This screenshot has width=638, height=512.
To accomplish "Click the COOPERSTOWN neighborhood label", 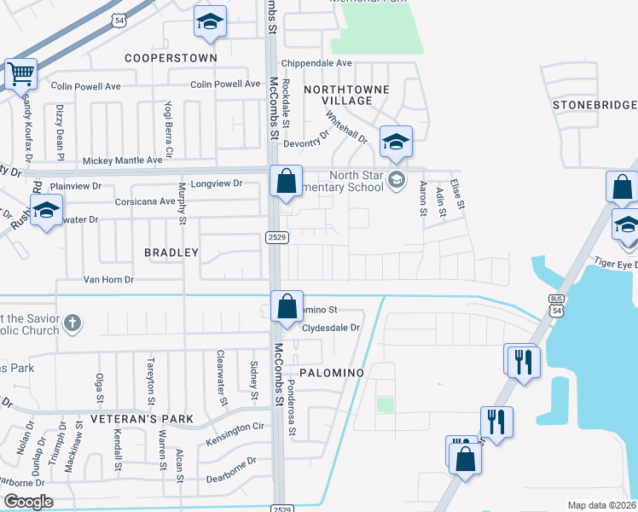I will coord(171,58).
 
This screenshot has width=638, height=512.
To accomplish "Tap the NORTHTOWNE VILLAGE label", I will coord(347,95).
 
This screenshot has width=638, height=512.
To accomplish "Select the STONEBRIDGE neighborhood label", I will coord(594,105).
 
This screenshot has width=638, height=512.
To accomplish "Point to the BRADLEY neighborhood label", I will coord(171,253).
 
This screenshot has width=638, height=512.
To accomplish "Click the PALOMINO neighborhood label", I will coord(331,373).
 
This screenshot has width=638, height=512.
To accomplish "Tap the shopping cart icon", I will coord(21,73).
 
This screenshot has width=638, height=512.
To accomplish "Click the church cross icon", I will coord(73,323).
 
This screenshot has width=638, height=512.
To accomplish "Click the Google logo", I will coord(28,502).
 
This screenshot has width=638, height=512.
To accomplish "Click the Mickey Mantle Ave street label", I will coord(122,160).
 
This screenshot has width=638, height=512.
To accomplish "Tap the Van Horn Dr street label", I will coord(108,279).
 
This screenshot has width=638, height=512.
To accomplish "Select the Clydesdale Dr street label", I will coord(332,328).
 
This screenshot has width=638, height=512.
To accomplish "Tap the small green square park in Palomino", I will coord(386,404).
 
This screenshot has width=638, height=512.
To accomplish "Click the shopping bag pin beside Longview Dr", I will coord(286,182).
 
